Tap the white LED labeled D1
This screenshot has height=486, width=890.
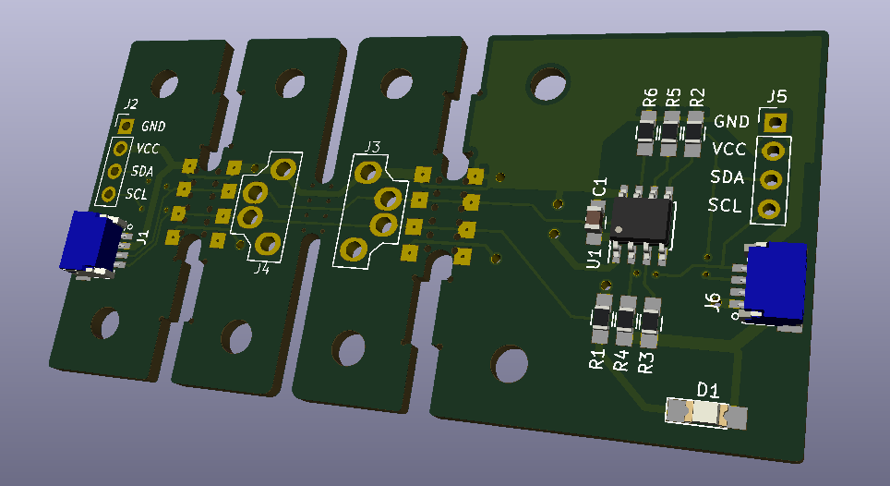[x=705, y=413]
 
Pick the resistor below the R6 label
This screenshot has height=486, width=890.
[x=646, y=133]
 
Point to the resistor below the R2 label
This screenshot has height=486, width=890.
[x=693, y=133]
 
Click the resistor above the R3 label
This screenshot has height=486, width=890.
[x=650, y=322]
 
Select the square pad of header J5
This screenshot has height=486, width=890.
[x=775, y=122]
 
